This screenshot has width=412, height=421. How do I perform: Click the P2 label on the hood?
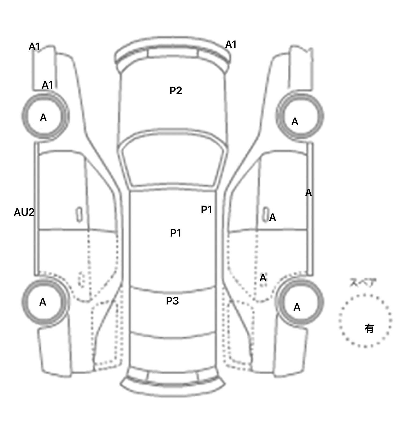(x=176, y=90)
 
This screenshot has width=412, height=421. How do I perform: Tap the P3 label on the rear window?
(x=172, y=301)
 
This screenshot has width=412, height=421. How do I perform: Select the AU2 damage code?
(x=24, y=212)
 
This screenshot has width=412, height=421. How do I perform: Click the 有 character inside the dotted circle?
(x=369, y=328)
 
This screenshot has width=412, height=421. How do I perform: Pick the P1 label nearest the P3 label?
(x=176, y=233)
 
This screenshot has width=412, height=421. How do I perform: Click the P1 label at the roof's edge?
(x=207, y=209)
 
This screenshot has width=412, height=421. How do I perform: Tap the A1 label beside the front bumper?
(x=231, y=45)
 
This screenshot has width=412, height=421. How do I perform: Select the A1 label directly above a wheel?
(x=47, y=85)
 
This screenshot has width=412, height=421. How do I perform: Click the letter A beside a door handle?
(x=273, y=217)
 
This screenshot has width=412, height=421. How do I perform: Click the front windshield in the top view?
(x=173, y=161)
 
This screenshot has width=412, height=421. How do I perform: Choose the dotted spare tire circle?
(x=365, y=321)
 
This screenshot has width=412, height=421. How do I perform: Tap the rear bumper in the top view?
(x=173, y=388)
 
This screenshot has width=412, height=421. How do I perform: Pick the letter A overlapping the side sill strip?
(x=308, y=193)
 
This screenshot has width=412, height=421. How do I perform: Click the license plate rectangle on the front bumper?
(x=172, y=53)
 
